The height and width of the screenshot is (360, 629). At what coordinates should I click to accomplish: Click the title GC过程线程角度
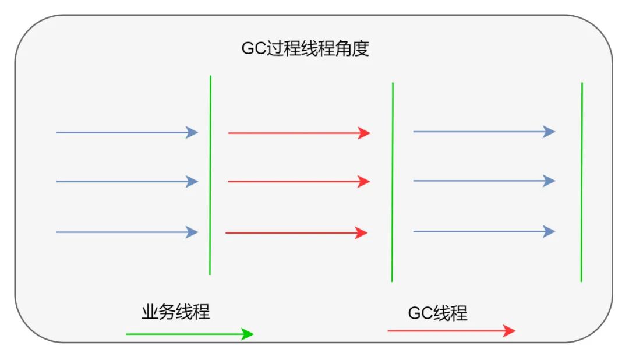point(305,48)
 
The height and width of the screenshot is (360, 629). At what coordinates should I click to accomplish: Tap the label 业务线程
point(176,312)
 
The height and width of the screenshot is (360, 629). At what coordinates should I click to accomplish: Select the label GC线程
point(437,313)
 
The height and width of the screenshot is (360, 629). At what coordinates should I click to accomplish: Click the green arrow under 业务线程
point(190,334)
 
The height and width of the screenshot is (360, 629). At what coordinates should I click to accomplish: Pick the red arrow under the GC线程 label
point(452,331)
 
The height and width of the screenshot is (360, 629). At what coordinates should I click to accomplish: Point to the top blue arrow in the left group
point(127,132)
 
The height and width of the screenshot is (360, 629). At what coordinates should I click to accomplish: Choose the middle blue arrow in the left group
point(127,181)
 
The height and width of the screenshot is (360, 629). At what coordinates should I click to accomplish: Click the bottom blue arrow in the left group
point(127,232)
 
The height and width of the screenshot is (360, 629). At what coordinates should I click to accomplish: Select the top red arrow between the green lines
point(299,133)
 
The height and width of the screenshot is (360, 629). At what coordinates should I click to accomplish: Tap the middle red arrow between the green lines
point(299,181)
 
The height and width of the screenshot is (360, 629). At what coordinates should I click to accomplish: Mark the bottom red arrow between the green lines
point(296,233)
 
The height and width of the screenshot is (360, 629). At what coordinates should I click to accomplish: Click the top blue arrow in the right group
point(484,131)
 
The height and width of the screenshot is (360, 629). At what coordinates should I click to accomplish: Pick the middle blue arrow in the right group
point(484,181)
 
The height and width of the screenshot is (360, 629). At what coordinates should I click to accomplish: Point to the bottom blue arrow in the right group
point(484,231)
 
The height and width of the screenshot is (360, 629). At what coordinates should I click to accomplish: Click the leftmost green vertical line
point(210,175)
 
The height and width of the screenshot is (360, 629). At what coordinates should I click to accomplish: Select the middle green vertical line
point(393,182)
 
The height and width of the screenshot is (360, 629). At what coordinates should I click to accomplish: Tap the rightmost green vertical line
point(582,182)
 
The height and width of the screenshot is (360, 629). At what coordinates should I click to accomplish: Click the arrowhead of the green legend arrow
point(248,334)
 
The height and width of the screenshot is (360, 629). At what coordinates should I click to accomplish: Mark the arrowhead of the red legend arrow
point(510,331)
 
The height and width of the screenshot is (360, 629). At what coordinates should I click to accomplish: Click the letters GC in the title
point(254,48)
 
